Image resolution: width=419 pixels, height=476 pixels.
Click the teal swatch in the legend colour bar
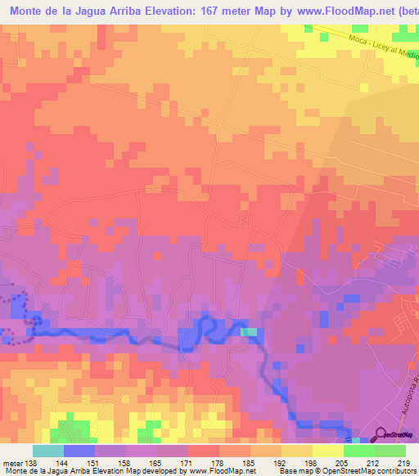tap(48, 451)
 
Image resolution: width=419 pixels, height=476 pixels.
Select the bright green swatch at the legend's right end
tap(390, 451)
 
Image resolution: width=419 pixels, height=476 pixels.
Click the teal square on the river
tap(249, 332)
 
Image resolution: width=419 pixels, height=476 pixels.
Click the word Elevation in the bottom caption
tap(125, 471)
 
